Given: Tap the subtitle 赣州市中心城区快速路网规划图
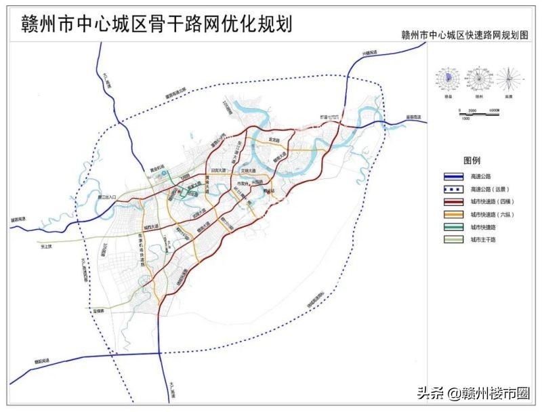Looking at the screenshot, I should pyautogui.click(x=464, y=35).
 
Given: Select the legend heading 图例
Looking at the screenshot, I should pyautogui.click(x=472, y=161).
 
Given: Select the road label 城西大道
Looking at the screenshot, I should pyautogui.click(x=150, y=226).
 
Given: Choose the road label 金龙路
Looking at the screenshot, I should pyautogui.click(x=274, y=140).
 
